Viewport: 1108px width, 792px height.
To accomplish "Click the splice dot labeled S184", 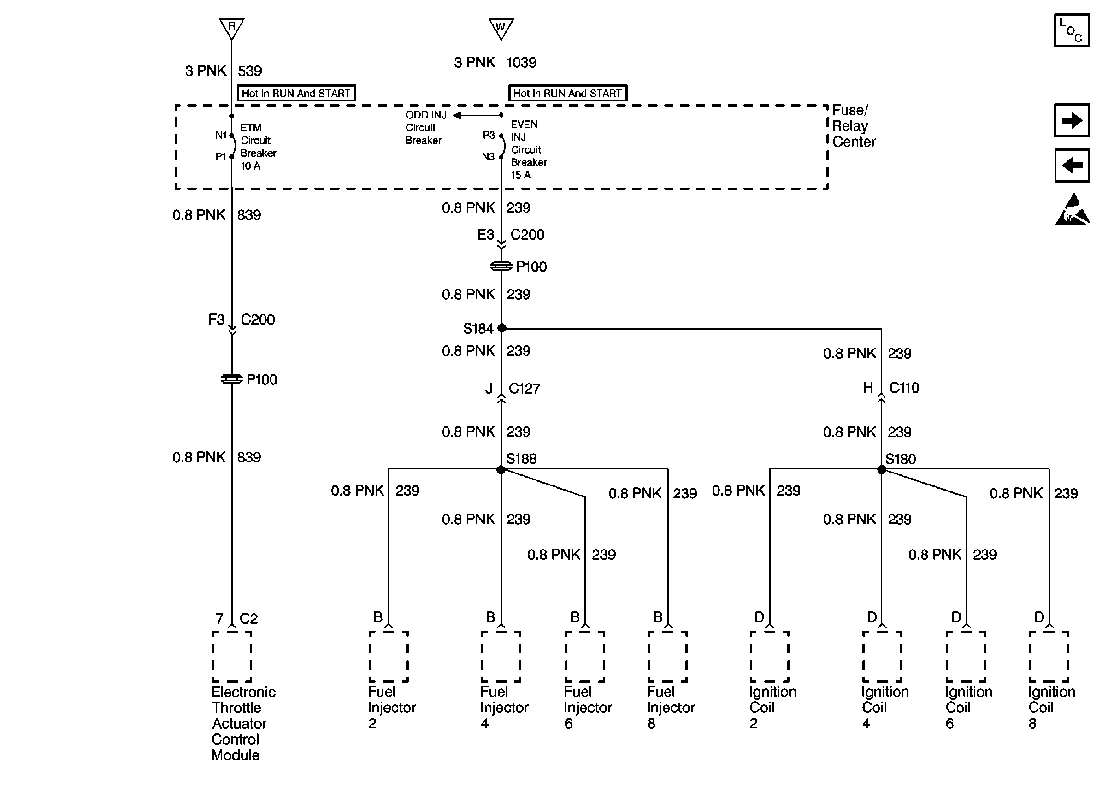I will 501,328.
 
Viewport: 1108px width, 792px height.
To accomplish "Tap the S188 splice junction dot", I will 501,470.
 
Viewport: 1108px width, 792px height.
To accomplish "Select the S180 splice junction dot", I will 881,470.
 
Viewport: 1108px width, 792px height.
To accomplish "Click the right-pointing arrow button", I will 1072,120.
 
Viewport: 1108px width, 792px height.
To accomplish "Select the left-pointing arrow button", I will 1072,165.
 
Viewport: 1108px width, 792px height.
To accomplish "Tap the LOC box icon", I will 1072,31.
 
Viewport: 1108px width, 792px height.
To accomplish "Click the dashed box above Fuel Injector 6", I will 584,656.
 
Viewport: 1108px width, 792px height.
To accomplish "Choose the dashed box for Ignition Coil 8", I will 1049,656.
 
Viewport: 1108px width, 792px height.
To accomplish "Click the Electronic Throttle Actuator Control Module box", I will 232,656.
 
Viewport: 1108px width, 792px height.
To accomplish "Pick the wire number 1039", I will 521,62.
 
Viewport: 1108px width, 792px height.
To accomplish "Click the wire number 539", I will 250,71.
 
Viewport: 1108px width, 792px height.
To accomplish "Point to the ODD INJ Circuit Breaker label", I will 424,128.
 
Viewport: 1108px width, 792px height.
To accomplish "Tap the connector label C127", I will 524,389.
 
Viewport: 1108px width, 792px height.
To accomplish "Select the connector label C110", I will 904,388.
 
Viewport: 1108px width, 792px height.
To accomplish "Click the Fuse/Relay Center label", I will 854,126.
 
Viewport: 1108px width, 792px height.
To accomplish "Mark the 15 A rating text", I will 521,175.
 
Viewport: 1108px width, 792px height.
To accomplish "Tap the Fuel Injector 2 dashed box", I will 389,656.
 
